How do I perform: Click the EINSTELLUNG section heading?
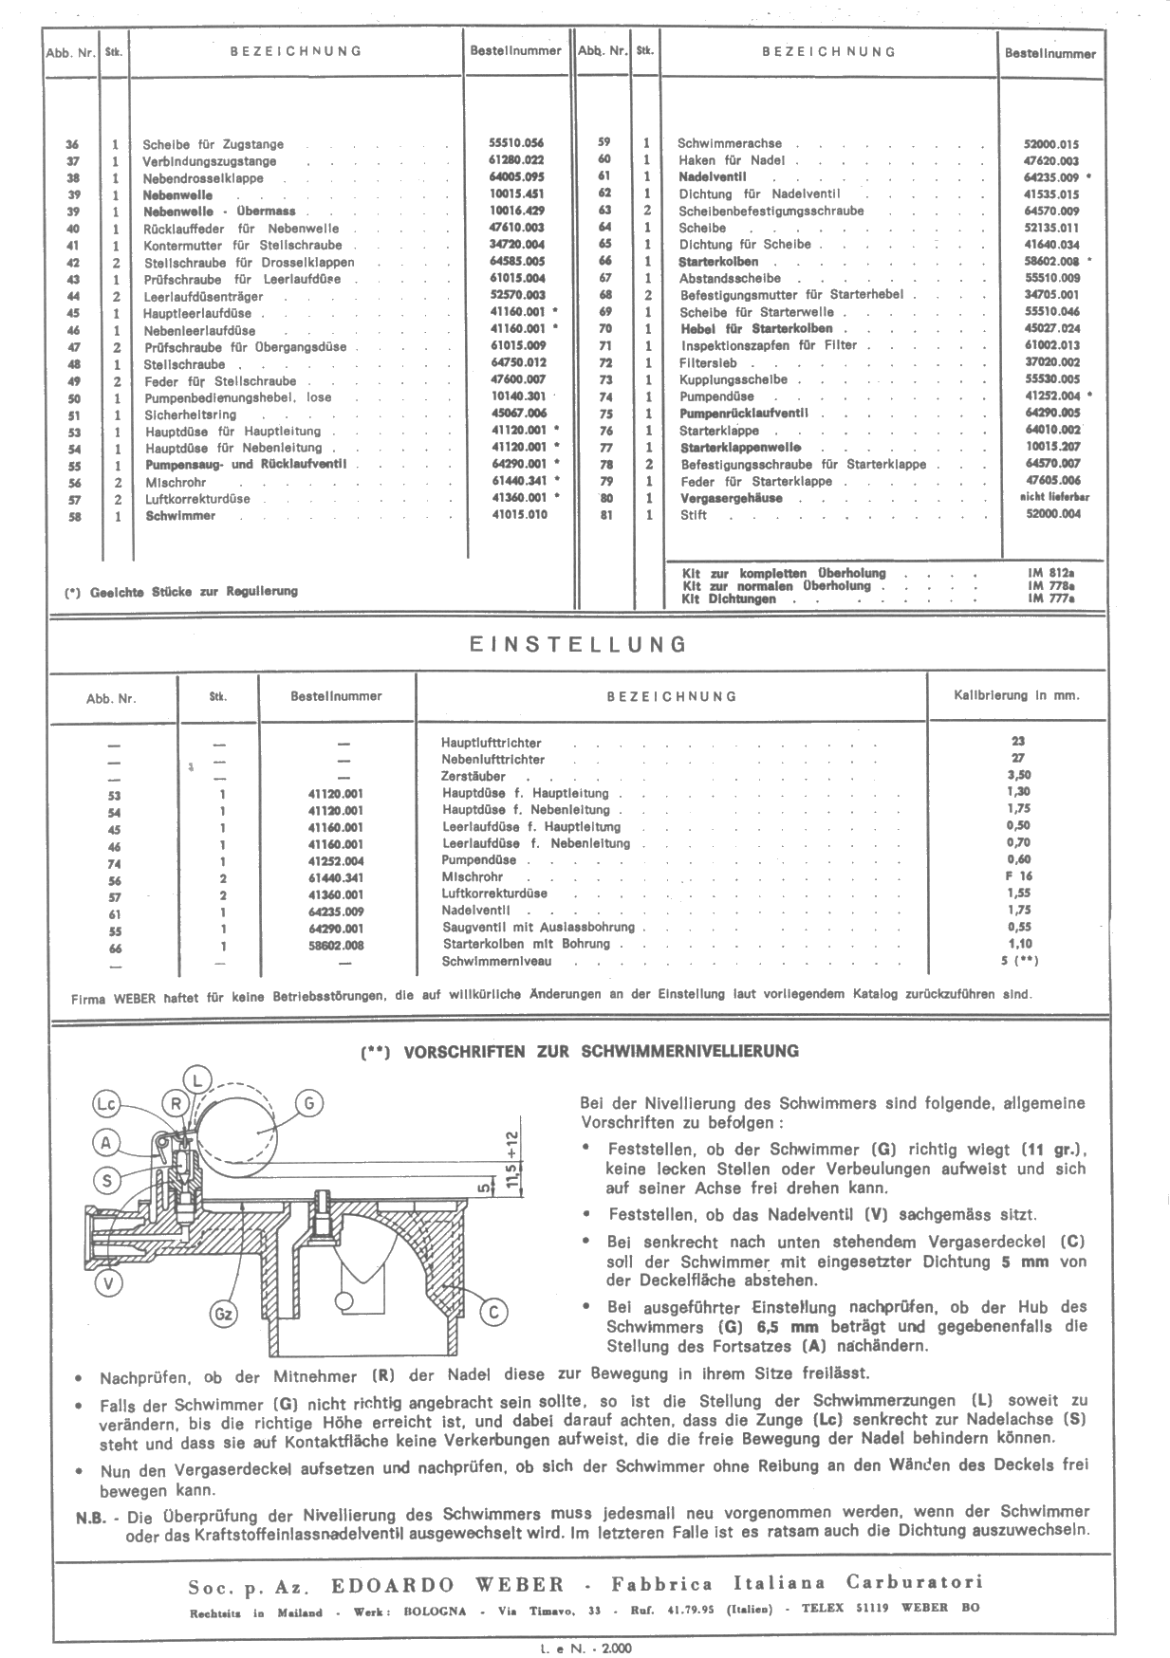[x=578, y=645]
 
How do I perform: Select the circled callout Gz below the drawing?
[x=223, y=1315]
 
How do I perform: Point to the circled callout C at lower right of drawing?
[x=493, y=1312]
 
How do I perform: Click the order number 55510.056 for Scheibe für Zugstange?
[x=516, y=143]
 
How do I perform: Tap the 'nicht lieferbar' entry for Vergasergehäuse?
[x=1054, y=497]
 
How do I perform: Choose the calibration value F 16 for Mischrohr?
[x=1019, y=876]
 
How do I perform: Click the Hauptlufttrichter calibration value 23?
[x=1018, y=742]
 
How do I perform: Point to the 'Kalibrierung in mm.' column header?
[x=1016, y=695]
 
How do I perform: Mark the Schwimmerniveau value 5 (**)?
[x=1019, y=961]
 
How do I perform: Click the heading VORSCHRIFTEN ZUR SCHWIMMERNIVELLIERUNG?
[x=580, y=1051]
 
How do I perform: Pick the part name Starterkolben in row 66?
[x=718, y=261]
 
